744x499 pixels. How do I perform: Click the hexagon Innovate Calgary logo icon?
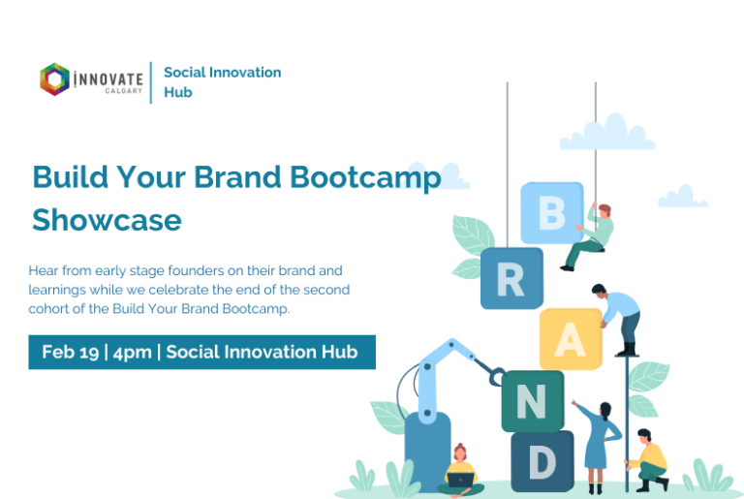click(54, 79)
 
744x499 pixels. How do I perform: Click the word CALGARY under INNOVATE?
click(124, 91)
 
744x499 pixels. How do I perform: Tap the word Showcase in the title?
click(107, 220)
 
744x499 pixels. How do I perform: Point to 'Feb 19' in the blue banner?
click(70, 353)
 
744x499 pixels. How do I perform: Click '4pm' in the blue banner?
click(133, 353)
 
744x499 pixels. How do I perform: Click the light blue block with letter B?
click(552, 213)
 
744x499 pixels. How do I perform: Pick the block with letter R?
click(511, 278)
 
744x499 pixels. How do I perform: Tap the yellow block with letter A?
click(571, 339)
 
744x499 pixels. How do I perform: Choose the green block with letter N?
click(533, 401)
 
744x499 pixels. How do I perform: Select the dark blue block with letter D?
click(542, 461)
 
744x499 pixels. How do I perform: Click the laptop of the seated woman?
click(460, 480)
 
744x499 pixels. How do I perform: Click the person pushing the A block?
click(619, 319)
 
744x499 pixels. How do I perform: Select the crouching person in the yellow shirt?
click(648, 460)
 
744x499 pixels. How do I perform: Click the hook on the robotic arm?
click(497, 377)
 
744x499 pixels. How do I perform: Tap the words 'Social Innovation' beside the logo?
click(223, 72)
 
